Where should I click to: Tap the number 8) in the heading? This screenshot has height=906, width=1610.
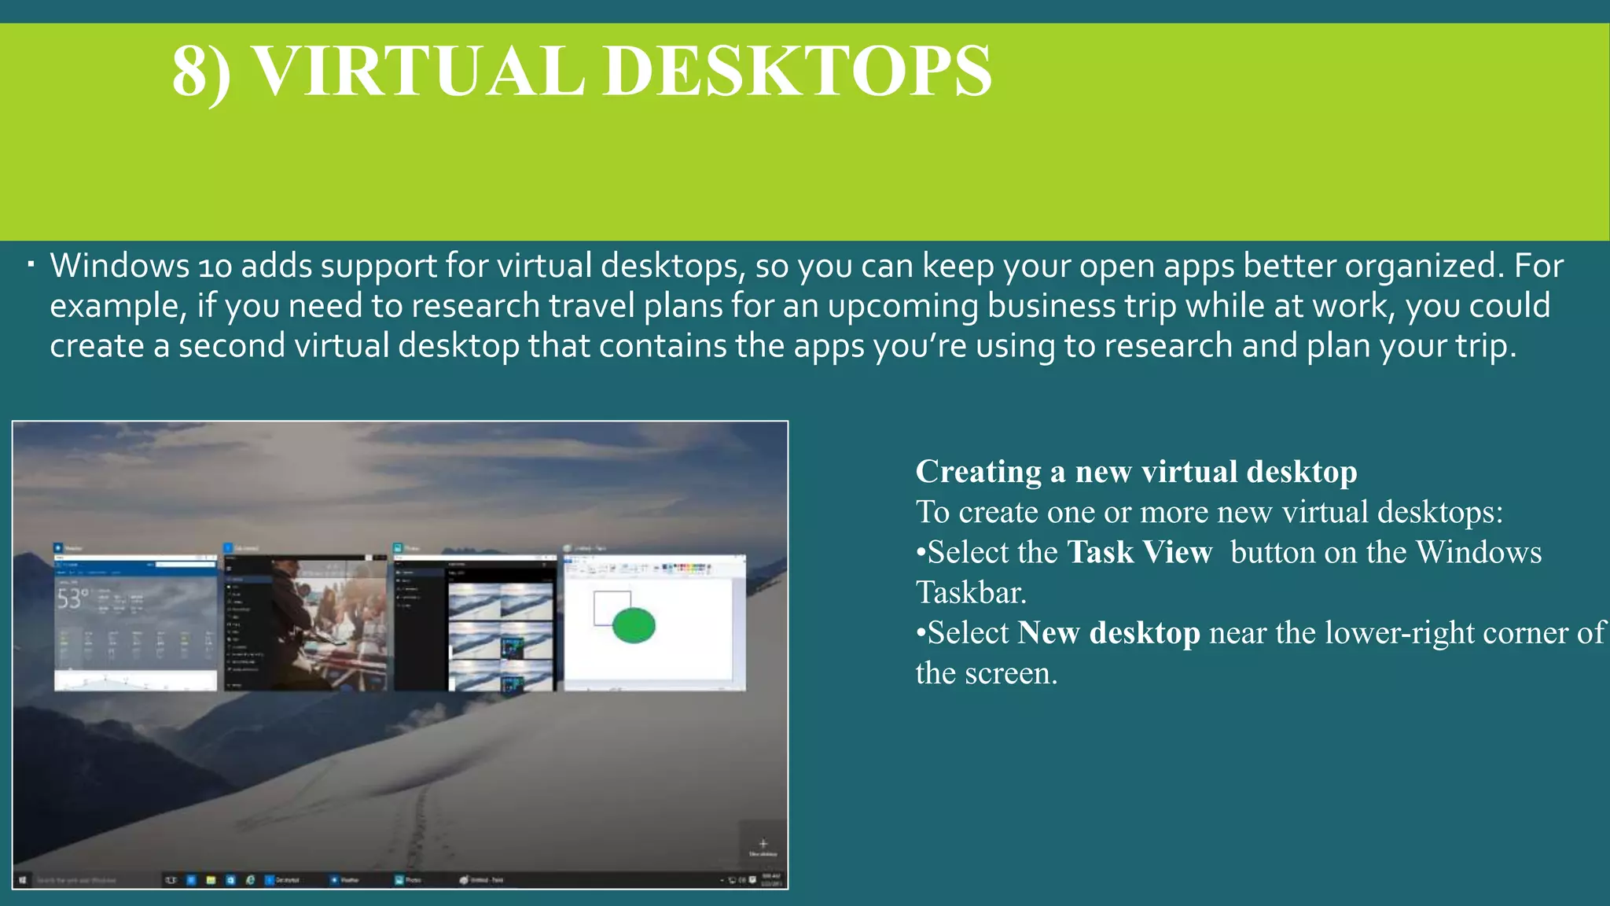tap(201, 72)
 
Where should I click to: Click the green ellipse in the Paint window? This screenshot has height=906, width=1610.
tap(634, 625)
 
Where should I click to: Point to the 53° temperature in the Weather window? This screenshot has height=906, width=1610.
tap(72, 599)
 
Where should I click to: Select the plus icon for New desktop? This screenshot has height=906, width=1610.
tap(763, 844)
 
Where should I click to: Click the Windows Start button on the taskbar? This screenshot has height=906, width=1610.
tap(23, 880)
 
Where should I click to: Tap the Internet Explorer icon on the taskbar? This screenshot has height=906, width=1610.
tap(250, 880)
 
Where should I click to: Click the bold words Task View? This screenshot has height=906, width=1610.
tap(1139, 552)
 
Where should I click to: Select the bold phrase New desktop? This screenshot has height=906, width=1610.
tap(1108, 632)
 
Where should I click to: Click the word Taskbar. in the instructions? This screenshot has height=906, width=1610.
tap(971, 593)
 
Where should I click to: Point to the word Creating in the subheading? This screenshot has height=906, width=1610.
tap(978, 472)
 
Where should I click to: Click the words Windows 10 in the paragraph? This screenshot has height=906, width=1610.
tap(141, 266)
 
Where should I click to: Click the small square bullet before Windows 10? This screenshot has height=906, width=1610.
tap(30, 264)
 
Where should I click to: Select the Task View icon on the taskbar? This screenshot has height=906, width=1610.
tap(171, 880)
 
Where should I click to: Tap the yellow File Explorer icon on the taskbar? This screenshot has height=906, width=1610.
tap(211, 880)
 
